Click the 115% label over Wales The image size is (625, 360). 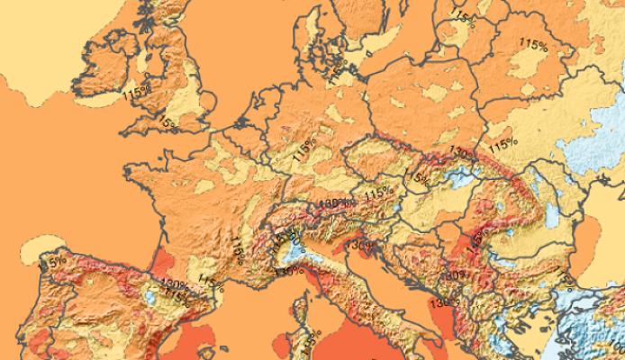(x=136, y=91)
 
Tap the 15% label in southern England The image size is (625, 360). (x=167, y=121)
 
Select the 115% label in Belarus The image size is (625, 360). (x=533, y=42)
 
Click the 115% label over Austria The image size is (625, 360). (x=378, y=193)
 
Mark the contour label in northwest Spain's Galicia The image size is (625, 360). (x=51, y=263)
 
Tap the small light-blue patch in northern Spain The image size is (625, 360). (x=146, y=297)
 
